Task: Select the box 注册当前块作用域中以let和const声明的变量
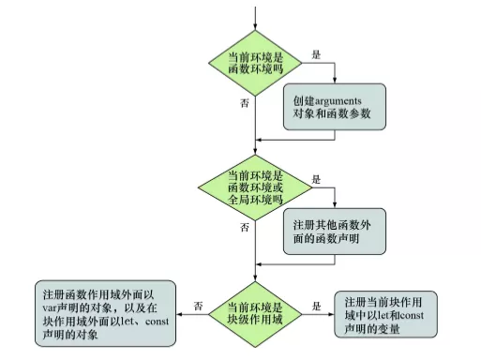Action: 389,308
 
